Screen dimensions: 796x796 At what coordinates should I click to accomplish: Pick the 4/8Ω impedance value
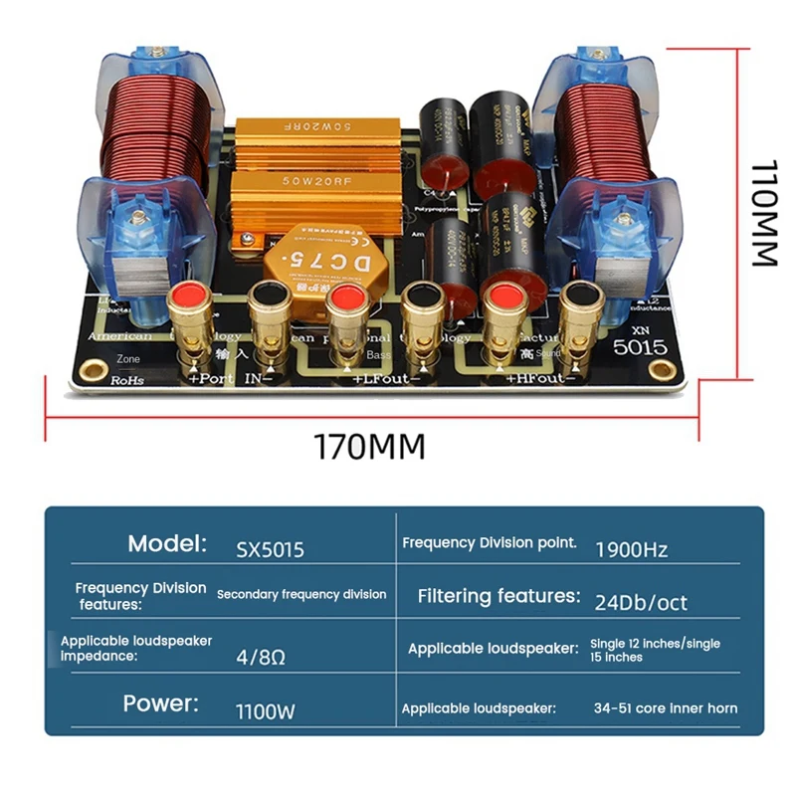pyautogui.click(x=261, y=658)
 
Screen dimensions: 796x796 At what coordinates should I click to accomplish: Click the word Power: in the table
pyautogui.click(x=161, y=703)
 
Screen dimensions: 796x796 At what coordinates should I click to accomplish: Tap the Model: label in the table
pyautogui.click(x=167, y=543)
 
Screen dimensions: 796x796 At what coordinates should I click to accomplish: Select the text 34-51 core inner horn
pyautogui.click(x=667, y=708)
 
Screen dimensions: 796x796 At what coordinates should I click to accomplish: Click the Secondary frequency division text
pyautogui.click(x=301, y=594)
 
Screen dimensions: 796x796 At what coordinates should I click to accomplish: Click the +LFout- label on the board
pyautogui.click(x=386, y=379)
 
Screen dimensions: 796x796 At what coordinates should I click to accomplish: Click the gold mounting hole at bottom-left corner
pyautogui.click(x=96, y=372)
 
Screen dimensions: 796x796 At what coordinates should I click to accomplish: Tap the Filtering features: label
pyautogui.click(x=498, y=596)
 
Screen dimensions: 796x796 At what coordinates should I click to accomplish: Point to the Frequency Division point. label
pyautogui.click(x=490, y=543)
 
